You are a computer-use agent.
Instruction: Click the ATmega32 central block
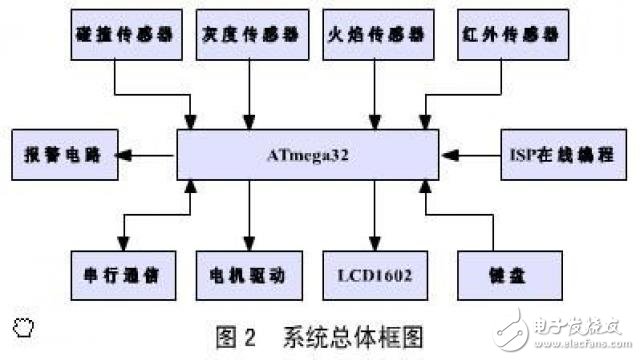(307, 156)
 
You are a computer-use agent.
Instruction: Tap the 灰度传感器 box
(247, 33)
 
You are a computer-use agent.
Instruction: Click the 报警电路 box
(60, 156)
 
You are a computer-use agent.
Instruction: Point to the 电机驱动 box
(247, 272)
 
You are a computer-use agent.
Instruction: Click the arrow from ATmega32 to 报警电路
(145, 156)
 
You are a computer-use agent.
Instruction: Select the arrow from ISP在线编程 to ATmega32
(471, 156)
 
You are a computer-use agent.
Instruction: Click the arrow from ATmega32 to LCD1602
(374, 216)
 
